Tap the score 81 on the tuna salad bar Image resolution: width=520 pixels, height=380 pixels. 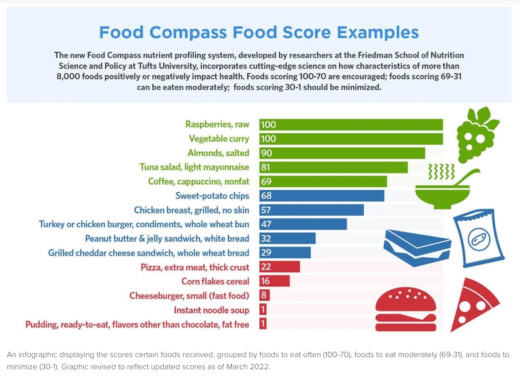266,167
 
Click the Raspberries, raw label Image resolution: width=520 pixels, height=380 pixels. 217,124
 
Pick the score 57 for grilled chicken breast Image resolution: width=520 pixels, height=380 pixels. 266,210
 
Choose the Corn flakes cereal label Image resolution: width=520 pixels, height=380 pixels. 215,281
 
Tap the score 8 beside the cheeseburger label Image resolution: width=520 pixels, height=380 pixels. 264,295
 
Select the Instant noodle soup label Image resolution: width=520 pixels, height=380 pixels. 211,310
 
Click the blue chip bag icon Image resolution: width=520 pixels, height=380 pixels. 478,238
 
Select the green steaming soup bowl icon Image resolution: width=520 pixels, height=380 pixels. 443,190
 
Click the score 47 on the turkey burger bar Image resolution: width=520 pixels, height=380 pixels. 266,224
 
